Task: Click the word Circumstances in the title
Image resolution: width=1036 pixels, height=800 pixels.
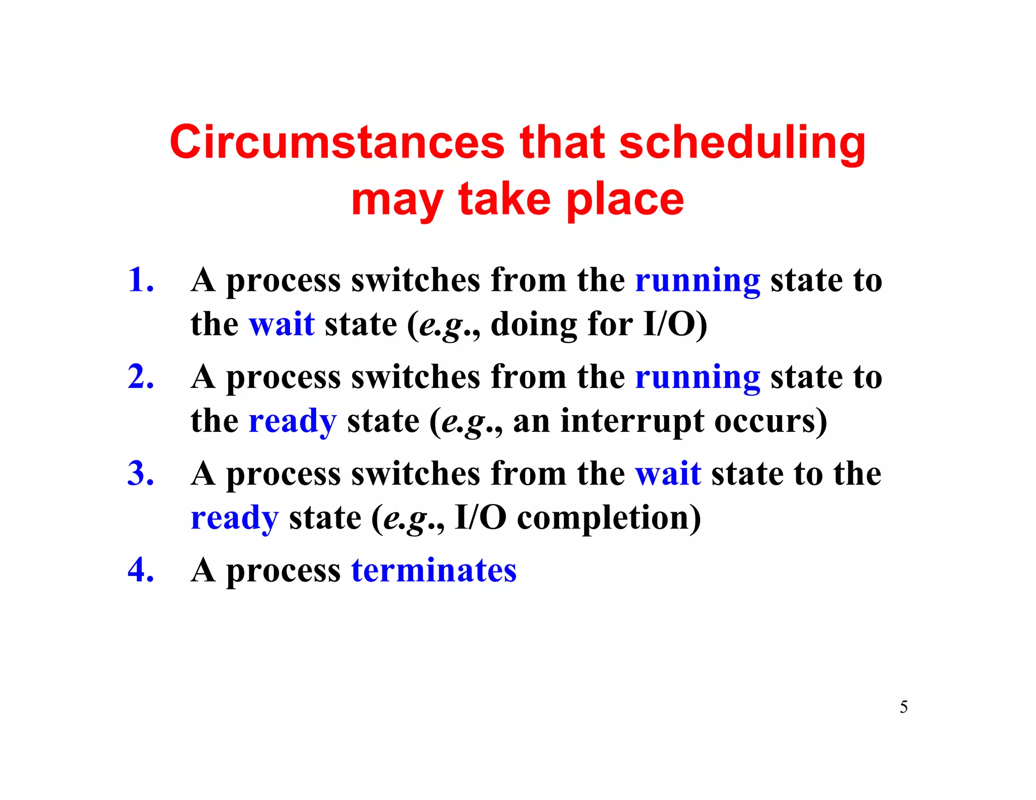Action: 336,143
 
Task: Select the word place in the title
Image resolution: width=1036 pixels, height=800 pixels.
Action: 625,200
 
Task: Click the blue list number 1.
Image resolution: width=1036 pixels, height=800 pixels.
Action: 140,280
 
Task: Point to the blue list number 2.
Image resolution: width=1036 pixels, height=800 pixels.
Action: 140,377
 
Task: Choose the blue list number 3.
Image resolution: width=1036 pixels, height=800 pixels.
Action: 140,474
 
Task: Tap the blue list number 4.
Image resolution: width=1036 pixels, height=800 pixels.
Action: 140,570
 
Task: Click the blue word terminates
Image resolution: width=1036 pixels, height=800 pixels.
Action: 434,570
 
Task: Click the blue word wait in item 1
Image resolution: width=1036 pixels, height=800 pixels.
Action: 282,324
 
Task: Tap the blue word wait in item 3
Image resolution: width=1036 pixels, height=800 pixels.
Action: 668,474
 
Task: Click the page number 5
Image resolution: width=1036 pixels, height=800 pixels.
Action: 903,707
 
